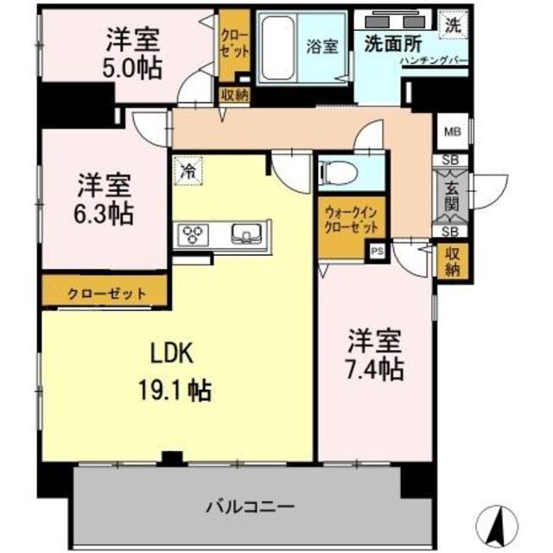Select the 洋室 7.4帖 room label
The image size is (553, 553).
(x=374, y=355)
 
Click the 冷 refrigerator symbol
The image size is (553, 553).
(x=186, y=170)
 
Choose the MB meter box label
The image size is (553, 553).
(x=452, y=132)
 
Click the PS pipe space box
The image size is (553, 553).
(x=376, y=252)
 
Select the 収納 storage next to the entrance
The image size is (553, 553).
(x=452, y=260)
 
